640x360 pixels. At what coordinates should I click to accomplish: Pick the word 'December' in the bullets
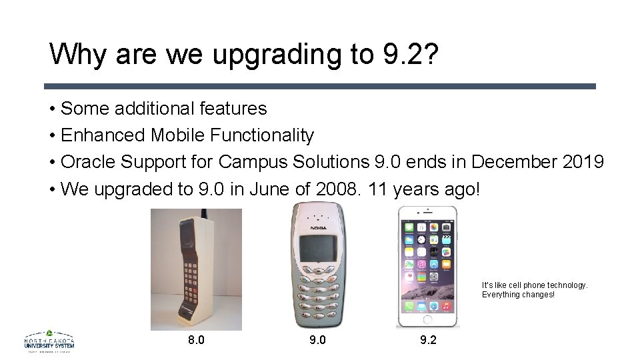pyautogui.click(x=505, y=162)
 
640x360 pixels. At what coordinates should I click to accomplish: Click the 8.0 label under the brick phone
pyautogui.click(x=196, y=340)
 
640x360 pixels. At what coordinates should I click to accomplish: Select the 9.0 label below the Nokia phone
pyautogui.click(x=318, y=340)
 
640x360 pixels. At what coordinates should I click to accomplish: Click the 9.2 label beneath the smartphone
pyautogui.click(x=429, y=340)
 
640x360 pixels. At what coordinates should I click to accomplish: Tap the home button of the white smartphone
pyautogui.click(x=427, y=317)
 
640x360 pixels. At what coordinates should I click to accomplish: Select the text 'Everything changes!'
pyautogui.click(x=518, y=295)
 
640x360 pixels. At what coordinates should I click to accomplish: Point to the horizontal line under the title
pyautogui.click(x=320, y=86)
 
